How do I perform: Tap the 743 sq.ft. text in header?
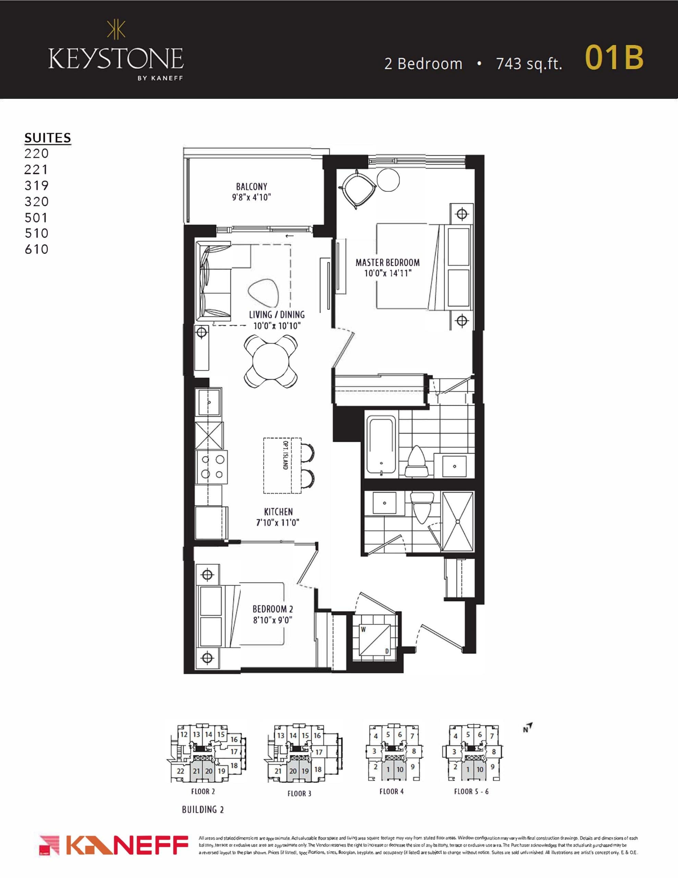529,64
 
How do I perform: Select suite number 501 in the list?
36,217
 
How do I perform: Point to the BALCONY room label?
252,187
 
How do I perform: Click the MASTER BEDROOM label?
387,262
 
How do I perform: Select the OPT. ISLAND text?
285,455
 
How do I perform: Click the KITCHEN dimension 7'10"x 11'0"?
278,523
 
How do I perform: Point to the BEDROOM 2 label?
273,609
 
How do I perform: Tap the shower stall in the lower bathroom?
457,521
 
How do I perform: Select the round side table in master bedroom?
388,180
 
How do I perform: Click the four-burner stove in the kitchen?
211,466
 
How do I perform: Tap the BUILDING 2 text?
203,810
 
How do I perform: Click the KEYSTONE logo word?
116,59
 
